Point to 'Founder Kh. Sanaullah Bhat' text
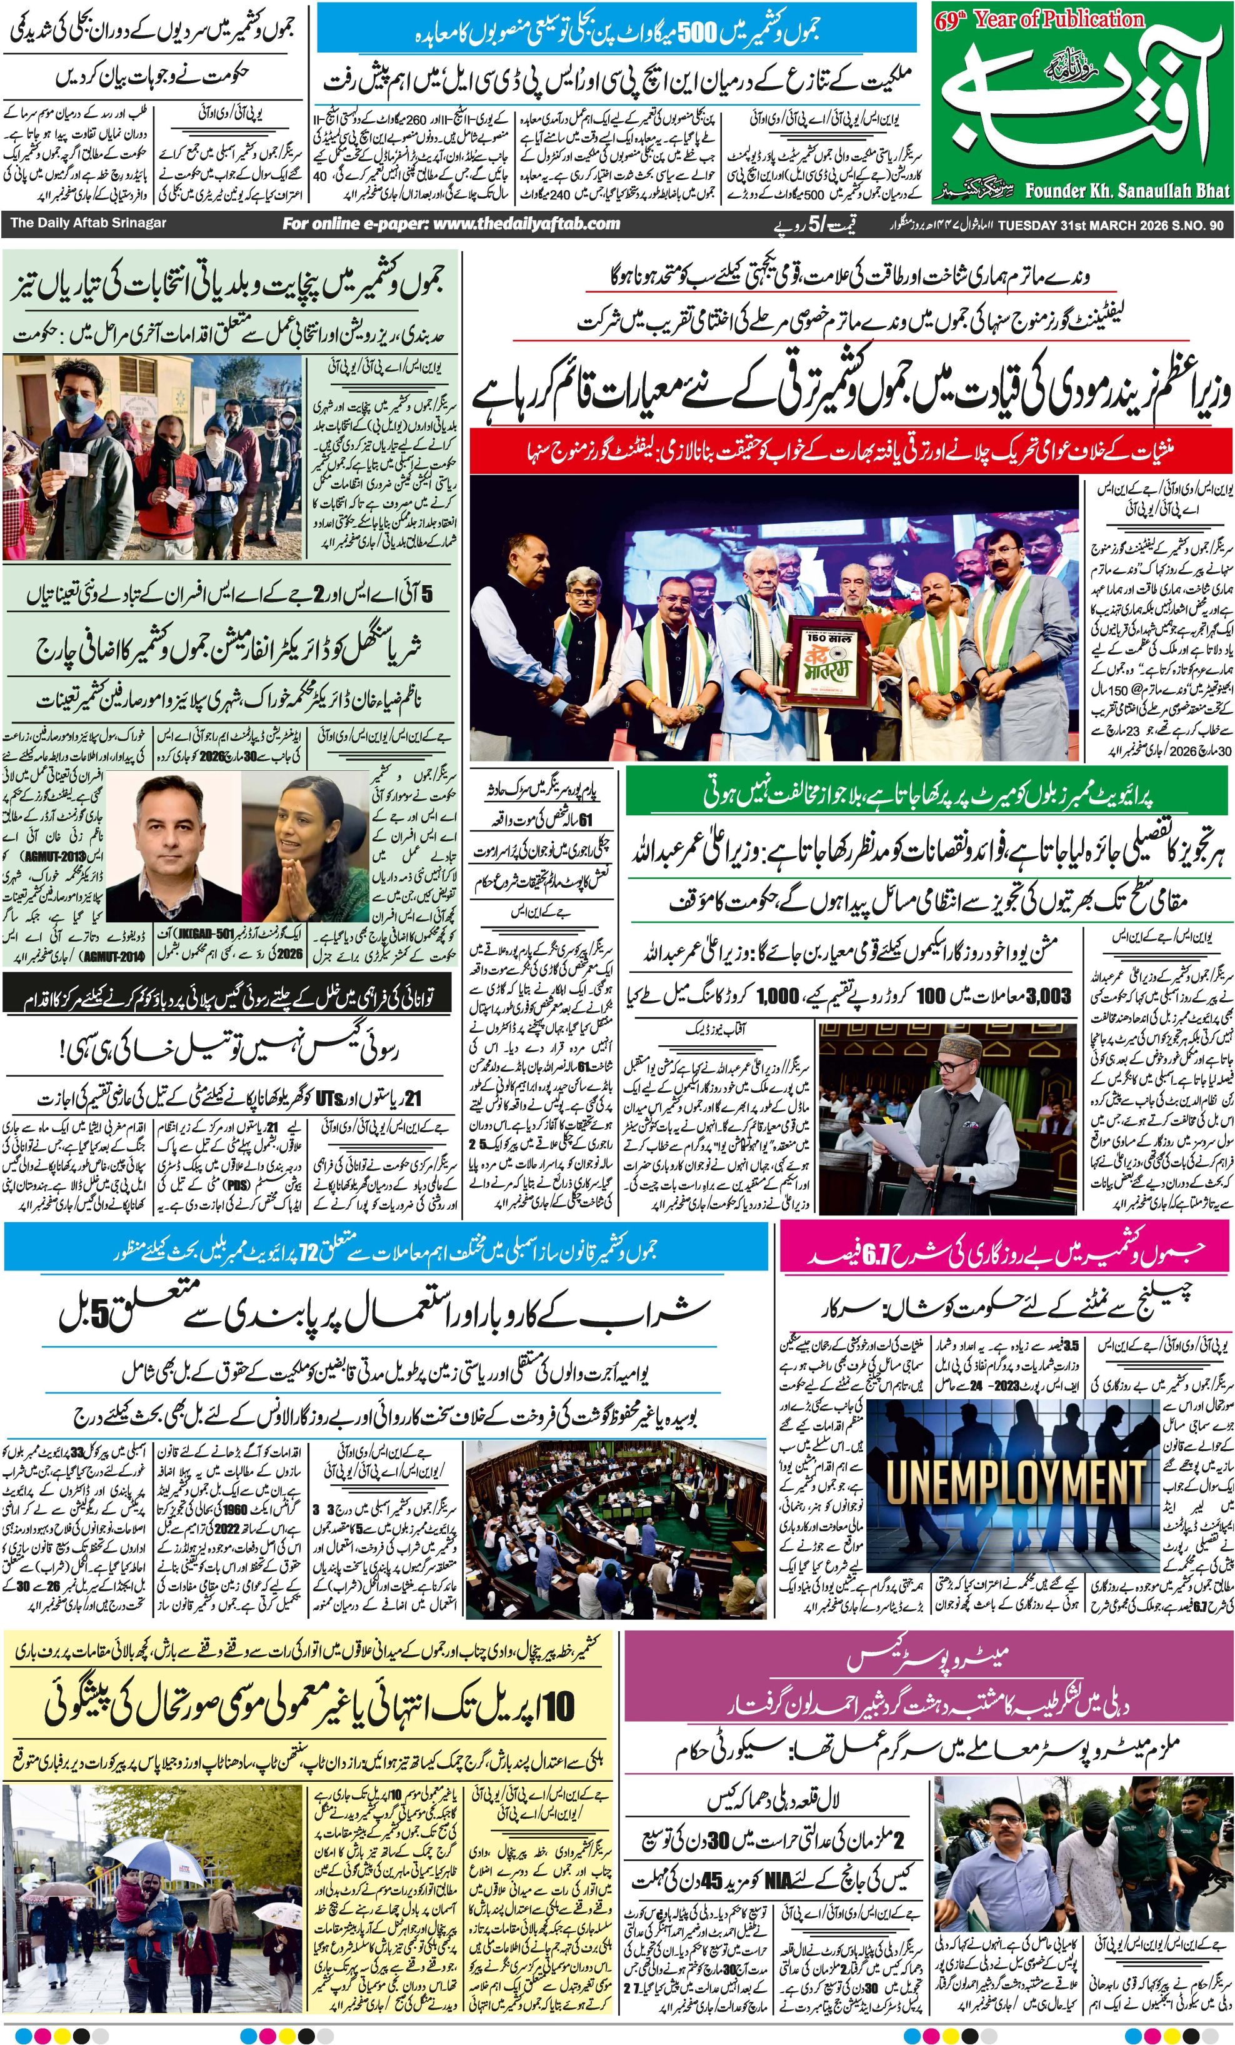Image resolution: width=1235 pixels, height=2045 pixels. tap(1126, 191)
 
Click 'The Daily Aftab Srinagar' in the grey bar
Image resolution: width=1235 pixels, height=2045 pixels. tap(88, 223)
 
